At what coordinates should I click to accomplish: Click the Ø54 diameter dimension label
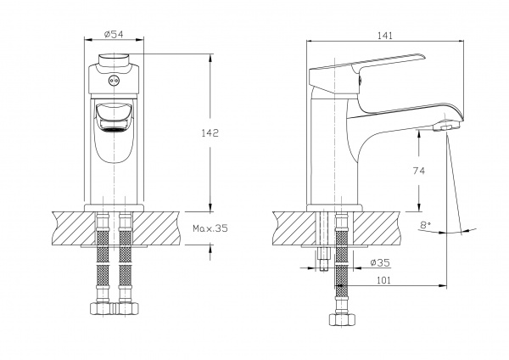[x=115, y=34]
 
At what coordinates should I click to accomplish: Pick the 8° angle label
[x=425, y=225]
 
